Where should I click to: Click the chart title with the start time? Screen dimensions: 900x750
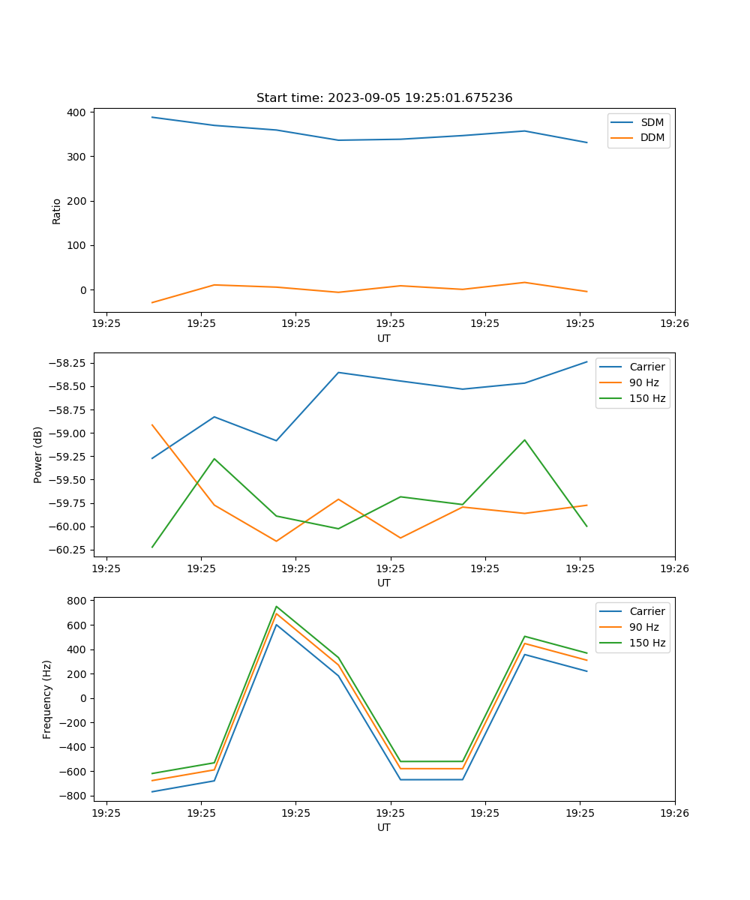click(x=384, y=98)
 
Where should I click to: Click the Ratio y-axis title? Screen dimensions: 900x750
click(x=57, y=211)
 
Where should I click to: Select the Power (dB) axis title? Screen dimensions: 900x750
click(x=38, y=454)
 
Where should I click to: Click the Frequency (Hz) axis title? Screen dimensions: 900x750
click(x=47, y=699)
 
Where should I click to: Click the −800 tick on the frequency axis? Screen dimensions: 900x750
click(x=74, y=796)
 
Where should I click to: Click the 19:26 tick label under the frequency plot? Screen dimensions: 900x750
click(x=674, y=813)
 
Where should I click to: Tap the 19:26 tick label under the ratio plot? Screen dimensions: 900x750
click(x=674, y=324)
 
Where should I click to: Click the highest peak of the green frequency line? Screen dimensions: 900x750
click(x=276, y=607)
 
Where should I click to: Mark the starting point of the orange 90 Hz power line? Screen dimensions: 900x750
click(x=152, y=425)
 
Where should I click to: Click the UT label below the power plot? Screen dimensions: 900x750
click(x=384, y=583)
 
